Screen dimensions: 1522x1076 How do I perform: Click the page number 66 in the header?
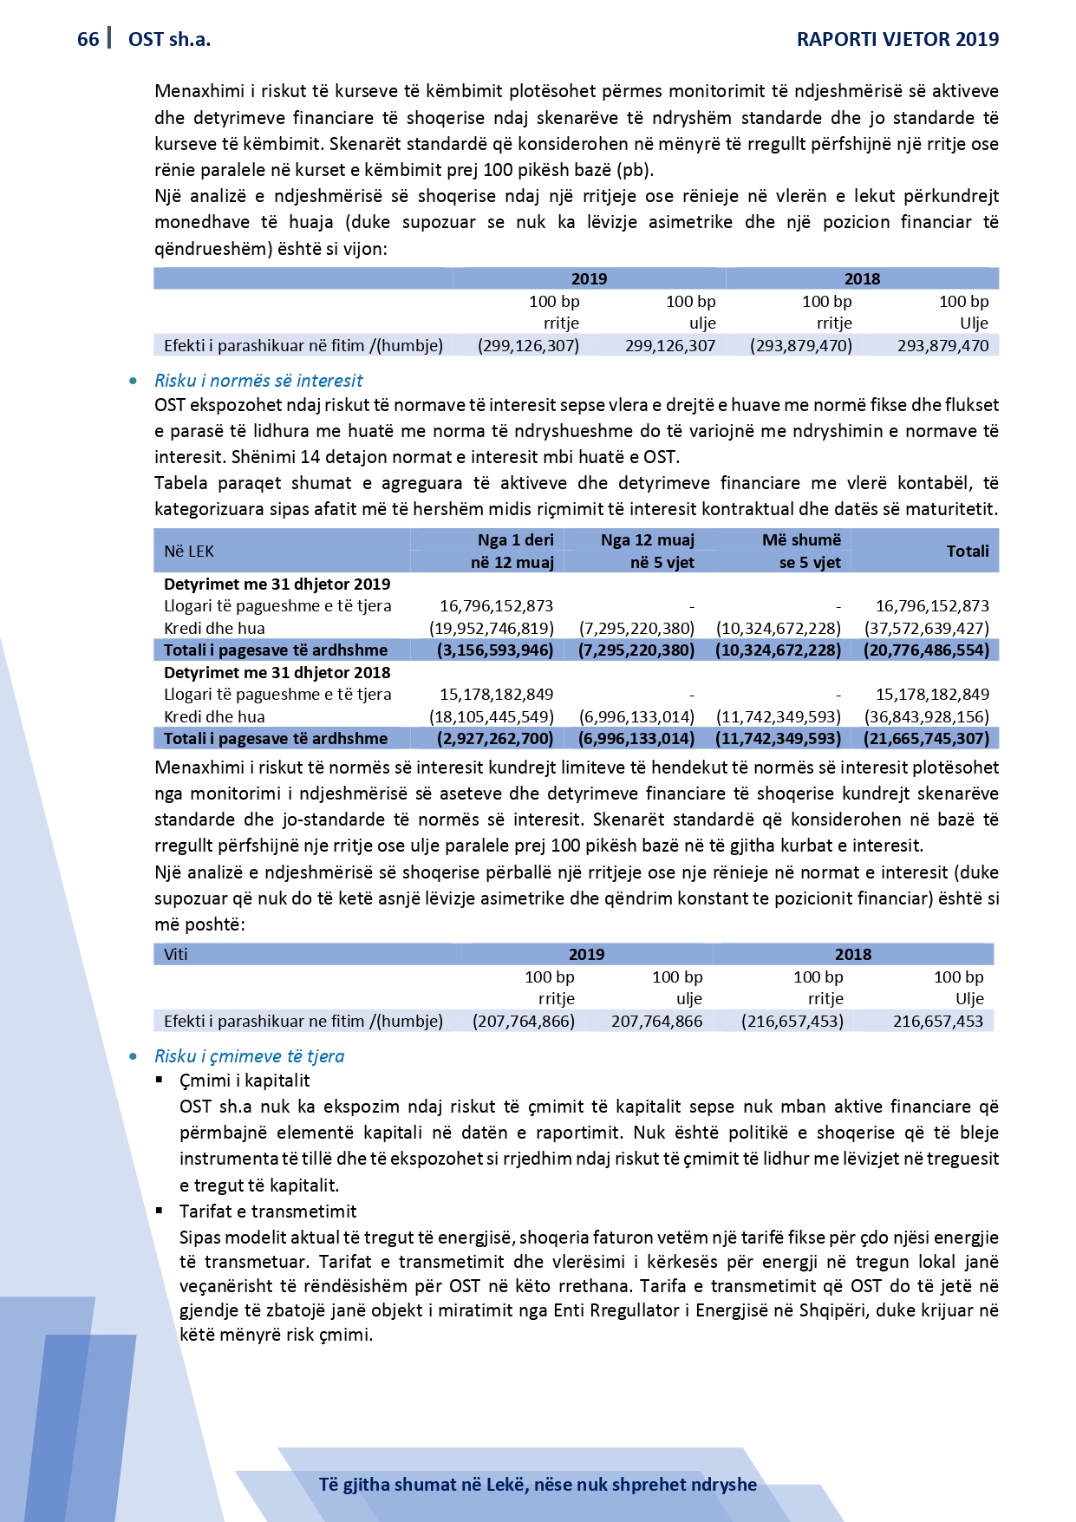88,39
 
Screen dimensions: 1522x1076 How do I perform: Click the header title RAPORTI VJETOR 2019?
897,39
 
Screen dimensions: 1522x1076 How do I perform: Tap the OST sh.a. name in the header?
169,39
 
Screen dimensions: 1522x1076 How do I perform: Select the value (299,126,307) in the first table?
528,345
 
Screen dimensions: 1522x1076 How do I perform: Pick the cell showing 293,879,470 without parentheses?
942,345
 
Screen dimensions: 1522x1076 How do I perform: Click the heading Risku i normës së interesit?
258,380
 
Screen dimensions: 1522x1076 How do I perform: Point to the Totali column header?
968,551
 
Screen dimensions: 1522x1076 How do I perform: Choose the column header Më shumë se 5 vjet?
801,551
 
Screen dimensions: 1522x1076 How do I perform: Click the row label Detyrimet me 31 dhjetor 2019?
277,584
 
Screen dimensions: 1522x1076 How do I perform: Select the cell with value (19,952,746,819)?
492,628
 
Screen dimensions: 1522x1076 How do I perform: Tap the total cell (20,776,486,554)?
926,650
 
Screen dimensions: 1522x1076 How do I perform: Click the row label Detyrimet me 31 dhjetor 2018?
277,672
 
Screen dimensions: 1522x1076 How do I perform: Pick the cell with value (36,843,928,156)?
926,716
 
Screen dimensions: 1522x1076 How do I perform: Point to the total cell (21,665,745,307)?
926,738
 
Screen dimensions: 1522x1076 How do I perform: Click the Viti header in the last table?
176,954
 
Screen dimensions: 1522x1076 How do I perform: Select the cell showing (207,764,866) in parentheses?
523,1021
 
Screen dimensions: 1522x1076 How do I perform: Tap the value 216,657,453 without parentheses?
938,1021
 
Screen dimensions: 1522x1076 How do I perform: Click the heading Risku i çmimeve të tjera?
249,1055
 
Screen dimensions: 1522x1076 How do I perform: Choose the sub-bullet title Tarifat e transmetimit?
268,1211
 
